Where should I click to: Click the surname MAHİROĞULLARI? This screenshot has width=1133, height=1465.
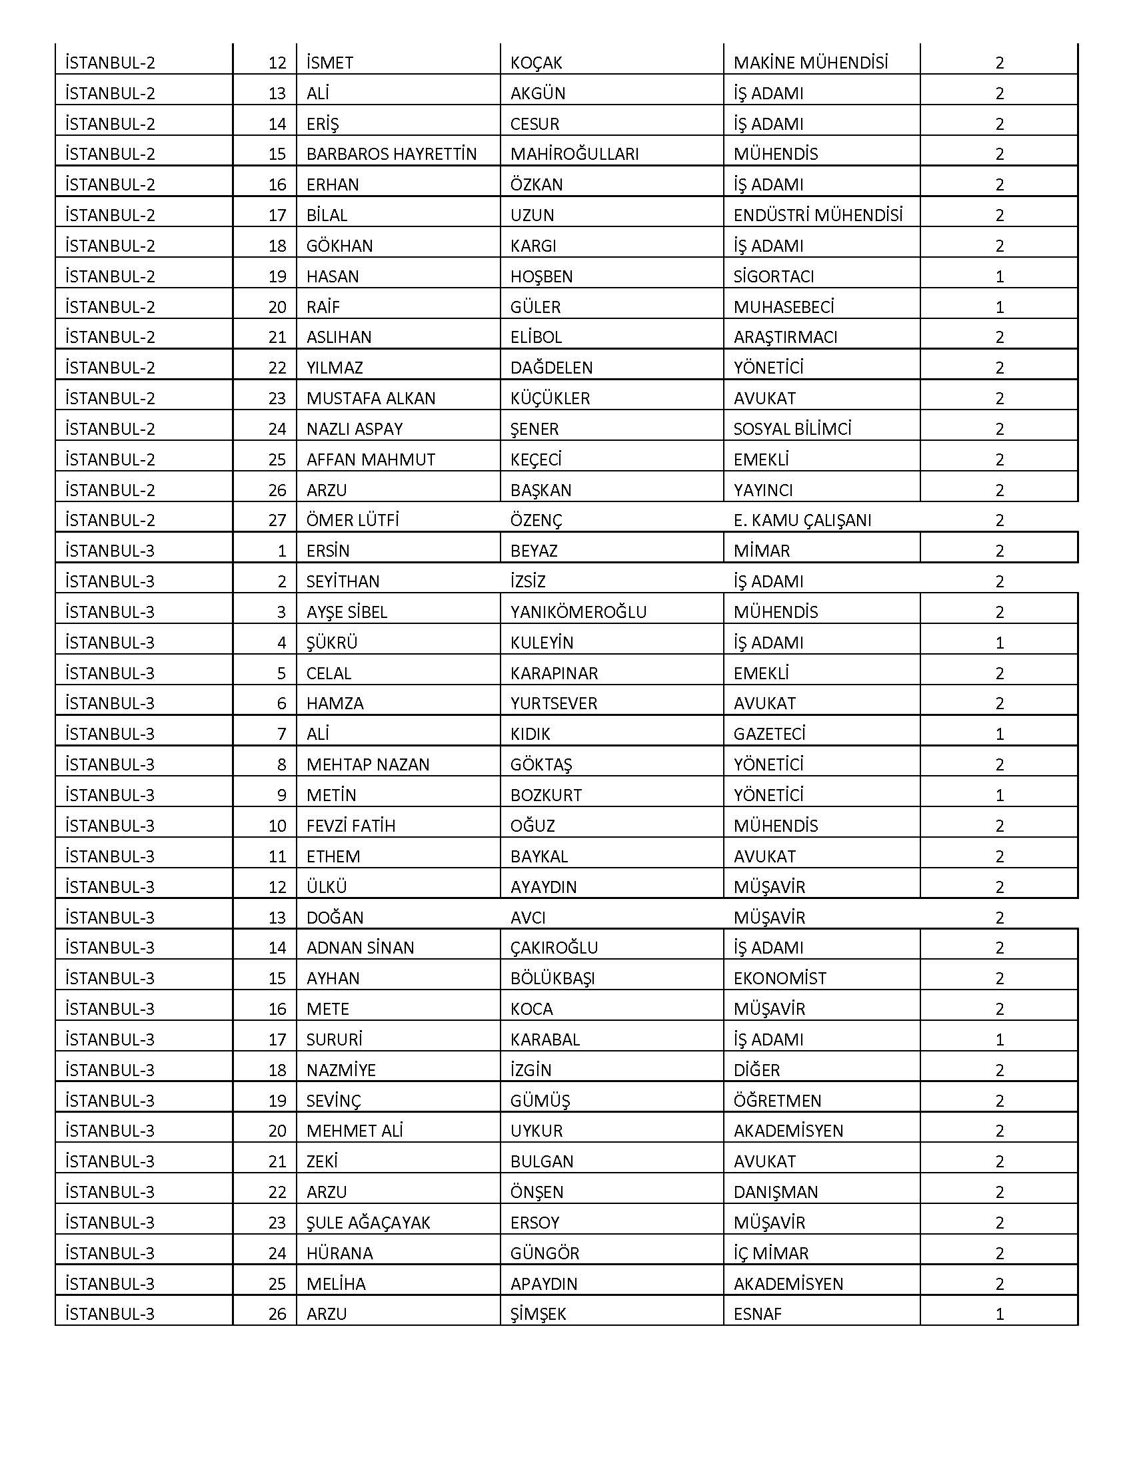[574, 154]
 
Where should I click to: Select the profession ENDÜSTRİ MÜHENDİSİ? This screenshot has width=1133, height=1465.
[818, 215]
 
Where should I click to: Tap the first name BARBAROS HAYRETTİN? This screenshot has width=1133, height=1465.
[391, 154]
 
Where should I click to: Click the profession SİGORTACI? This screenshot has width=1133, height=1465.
[773, 276]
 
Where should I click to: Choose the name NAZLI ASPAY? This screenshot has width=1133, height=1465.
[355, 430]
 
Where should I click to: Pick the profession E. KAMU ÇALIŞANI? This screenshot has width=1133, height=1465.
[802, 521]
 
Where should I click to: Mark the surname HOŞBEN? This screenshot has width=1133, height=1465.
[541, 276]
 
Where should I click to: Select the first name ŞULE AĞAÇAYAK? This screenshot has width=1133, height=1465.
[368, 1223]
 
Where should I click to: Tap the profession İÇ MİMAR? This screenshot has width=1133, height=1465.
[770, 1253]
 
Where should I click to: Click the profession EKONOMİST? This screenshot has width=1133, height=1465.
[780, 979]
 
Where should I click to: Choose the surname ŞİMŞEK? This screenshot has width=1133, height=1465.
[538, 1314]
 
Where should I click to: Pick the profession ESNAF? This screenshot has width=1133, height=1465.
[757, 1314]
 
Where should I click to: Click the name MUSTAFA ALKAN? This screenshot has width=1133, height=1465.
[371, 398]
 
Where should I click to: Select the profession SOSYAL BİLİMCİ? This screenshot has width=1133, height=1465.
[792, 430]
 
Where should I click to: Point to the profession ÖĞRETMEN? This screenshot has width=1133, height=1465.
[777, 1101]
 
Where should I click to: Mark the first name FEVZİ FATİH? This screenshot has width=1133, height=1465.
[351, 826]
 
